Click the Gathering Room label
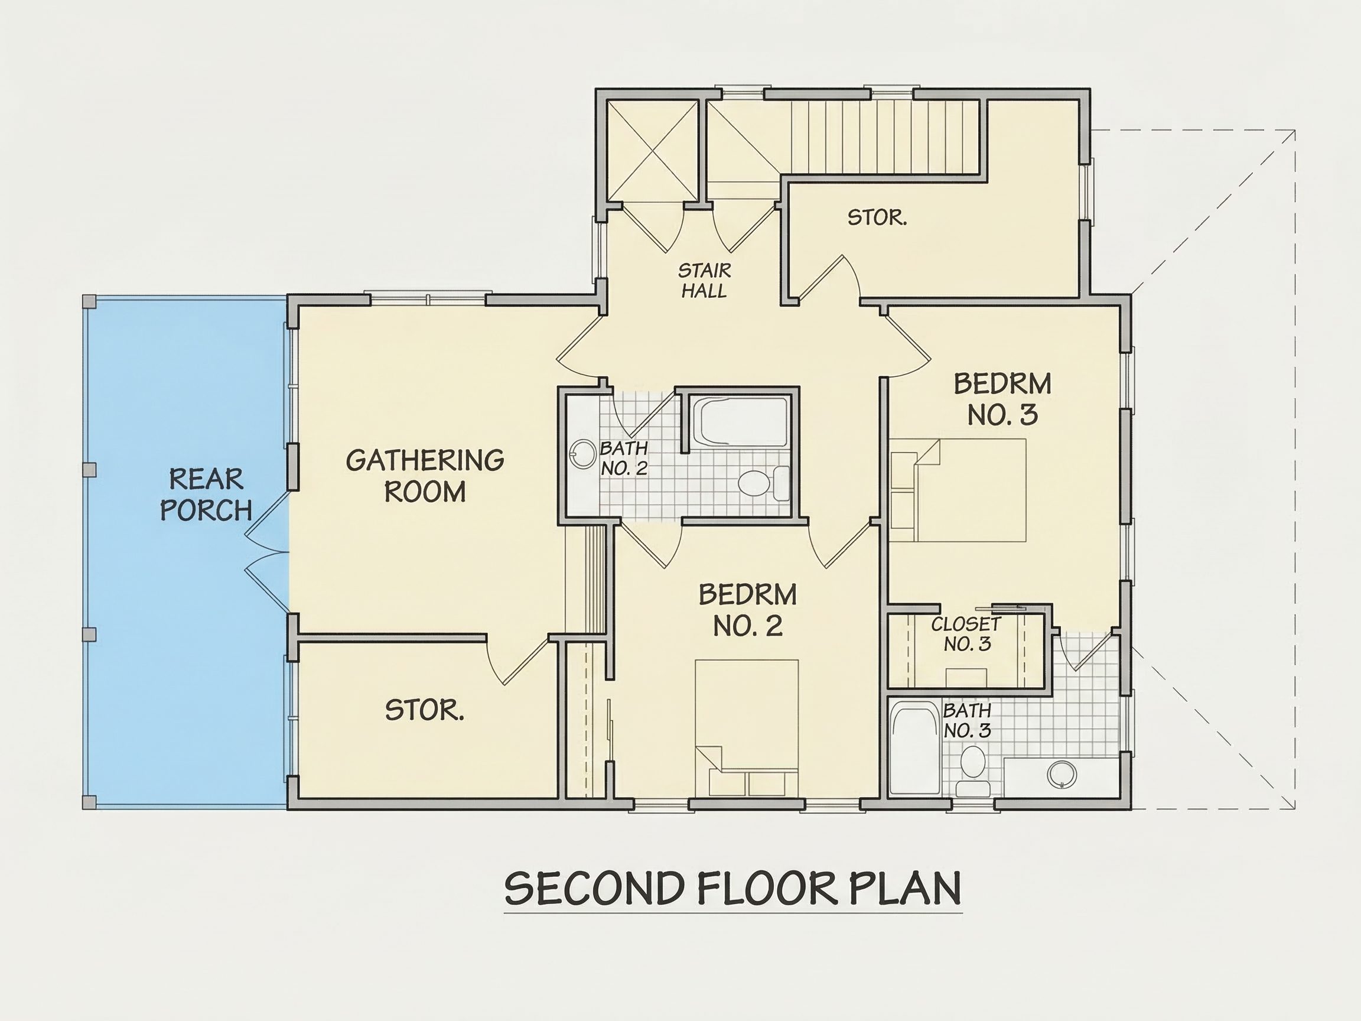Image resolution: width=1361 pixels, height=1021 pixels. click(425, 476)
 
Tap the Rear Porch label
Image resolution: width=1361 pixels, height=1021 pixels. click(206, 494)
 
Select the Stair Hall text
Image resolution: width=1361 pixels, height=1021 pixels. click(705, 281)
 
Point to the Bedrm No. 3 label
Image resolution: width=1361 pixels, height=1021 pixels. click(1002, 399)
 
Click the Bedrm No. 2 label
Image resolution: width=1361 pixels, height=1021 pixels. click(748, 610)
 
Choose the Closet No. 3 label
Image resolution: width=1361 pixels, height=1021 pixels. click(966, 634)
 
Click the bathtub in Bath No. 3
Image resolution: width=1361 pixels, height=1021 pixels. click(916, 750)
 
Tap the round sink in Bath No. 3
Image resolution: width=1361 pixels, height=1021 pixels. click(1062, 774)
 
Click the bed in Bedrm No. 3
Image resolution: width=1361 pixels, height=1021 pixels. click(959, 490)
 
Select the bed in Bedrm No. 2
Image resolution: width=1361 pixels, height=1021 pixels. click(747, 729)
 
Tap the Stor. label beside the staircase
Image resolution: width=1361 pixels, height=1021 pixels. click(877, 217)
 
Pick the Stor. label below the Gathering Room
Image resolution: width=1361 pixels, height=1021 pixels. click(425, 711)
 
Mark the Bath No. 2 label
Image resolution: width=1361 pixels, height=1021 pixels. click(624, 459)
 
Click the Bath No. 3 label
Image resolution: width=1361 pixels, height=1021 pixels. click(967, 721)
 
